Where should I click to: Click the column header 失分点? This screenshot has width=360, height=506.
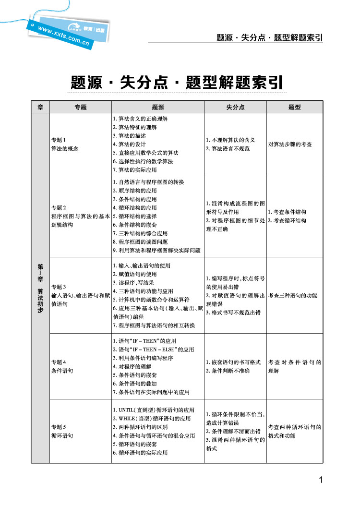[235, 108]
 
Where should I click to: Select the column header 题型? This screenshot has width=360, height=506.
[295, 108]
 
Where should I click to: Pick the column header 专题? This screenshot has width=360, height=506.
[80, 108]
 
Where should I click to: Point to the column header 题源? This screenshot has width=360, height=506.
[157, 108]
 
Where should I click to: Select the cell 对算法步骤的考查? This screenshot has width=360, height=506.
[290, 144]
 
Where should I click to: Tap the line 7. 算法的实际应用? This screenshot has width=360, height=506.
[134, 170]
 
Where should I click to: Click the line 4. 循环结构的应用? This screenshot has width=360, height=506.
[134, 208]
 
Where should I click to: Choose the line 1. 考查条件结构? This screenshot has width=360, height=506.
[287, 212]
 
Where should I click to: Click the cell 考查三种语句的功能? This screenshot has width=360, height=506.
[293, 295]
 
